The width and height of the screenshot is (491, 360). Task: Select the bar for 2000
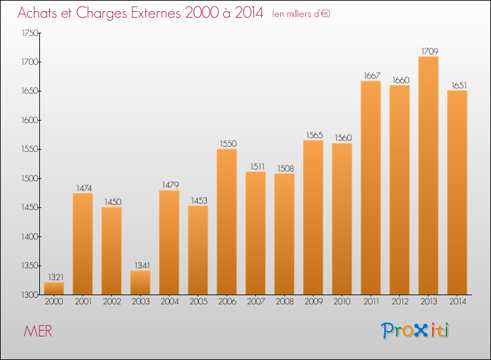(54, 289)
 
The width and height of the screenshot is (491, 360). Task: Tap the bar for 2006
(227, 222)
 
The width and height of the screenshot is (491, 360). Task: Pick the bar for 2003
(140, 283)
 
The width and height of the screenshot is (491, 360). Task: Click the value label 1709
(428, 51)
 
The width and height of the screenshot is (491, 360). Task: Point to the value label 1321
(54, 277)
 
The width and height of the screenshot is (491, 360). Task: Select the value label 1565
(313, 135)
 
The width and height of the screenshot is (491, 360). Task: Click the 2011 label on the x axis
(371, 302)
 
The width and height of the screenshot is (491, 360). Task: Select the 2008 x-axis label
(284, 302)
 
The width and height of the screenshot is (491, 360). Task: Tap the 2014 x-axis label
(457, 302)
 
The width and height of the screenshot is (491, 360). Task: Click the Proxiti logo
(416, 331)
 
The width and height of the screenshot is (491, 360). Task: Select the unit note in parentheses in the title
(300, 14)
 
